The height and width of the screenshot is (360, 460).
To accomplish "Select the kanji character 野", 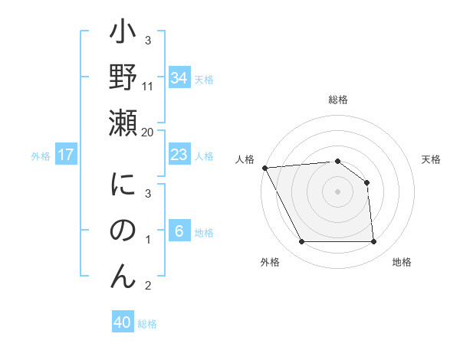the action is pos(123,78).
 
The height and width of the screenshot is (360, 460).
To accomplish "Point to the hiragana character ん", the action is pos(123,274).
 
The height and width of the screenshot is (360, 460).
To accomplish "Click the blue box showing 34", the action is pos(179,78).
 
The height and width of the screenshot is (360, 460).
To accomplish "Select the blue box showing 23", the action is pos(179,155).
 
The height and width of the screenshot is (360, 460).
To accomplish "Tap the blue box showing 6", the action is pos(179,231).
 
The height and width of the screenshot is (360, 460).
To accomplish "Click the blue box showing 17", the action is pos(65,155).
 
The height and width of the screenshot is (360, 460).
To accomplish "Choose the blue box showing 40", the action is pos(123,322).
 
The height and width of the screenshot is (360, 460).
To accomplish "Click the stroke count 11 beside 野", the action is pos(148,87).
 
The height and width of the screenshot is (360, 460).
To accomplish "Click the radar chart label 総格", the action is pos(337,100).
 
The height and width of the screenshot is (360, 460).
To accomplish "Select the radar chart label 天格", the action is pos(431,159).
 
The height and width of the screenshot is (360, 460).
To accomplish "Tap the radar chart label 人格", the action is pos(245,159).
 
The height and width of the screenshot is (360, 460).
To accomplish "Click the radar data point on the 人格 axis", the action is pos(264,167).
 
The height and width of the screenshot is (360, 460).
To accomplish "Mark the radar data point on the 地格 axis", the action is pos(373,242).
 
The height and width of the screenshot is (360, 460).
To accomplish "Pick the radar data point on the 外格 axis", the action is pos(301,242).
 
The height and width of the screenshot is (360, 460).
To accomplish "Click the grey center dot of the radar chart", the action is pos(337,191).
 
